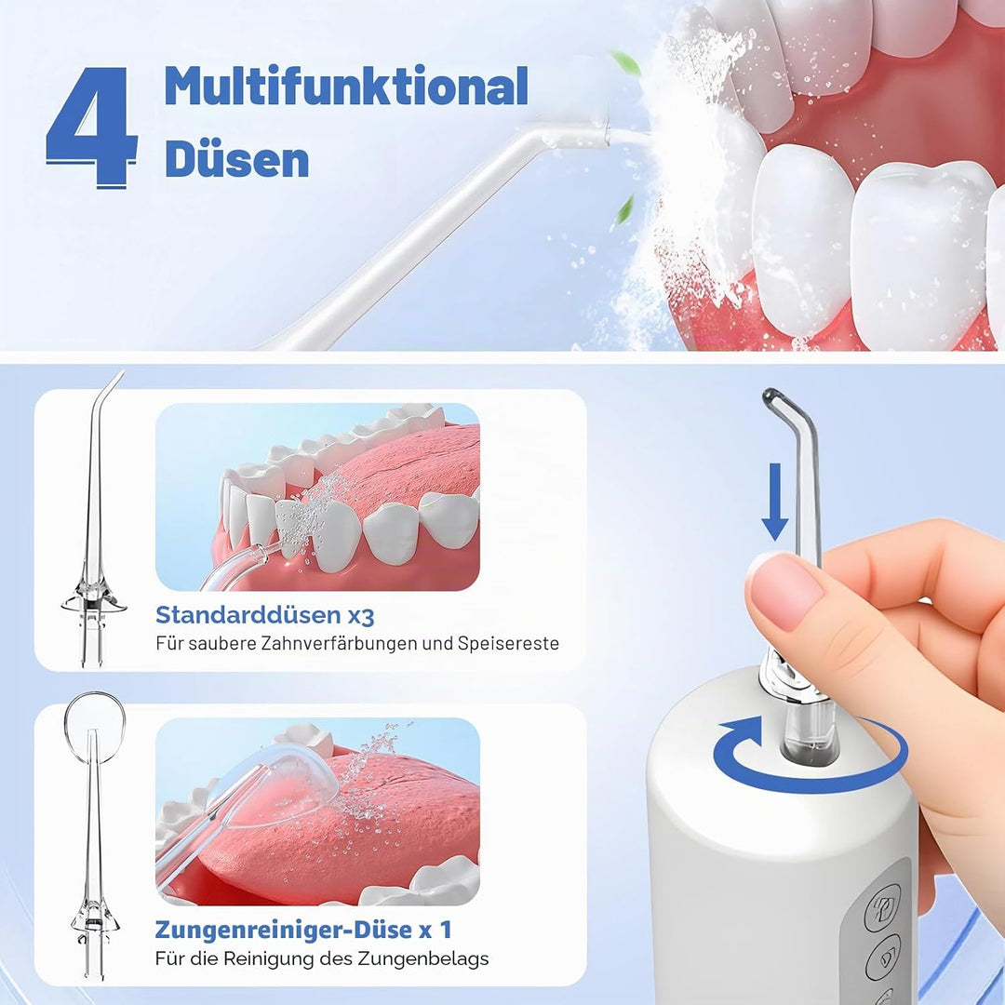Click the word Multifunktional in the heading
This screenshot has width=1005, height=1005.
[x=346, y=86]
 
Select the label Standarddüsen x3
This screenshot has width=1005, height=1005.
[x=264, y=615]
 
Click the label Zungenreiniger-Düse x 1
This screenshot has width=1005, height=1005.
[x=303, y=930]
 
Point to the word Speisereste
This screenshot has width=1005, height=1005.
[x=508, y=643]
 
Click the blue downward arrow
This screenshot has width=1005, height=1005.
[x=775, y=502]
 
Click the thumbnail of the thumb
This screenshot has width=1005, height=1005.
[x=787, y=590]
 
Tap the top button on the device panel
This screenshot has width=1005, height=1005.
[x=884, y=908]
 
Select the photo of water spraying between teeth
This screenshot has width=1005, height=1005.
[x=318, y=497]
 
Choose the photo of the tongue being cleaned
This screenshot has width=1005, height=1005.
[x=318, y=811]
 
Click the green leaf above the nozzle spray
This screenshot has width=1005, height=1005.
[x=626, y=63]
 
